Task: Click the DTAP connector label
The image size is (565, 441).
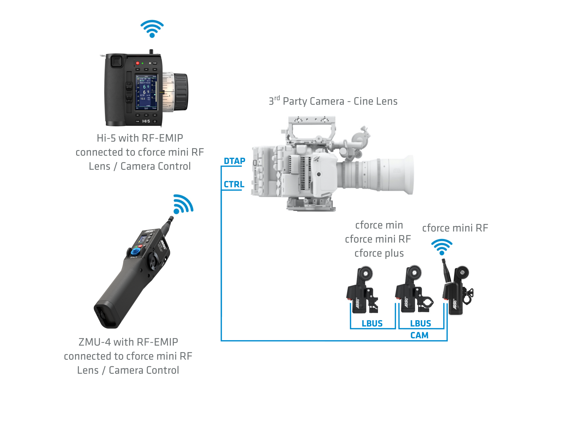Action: coord(234,161)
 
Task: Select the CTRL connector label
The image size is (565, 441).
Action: coord(234,185)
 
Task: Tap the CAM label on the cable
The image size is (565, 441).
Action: coord(419,335)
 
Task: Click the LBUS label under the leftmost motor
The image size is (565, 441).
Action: coord(372,324)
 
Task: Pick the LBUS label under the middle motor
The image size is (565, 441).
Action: coord(420,324)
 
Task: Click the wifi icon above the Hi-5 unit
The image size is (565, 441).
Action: coord(152,29)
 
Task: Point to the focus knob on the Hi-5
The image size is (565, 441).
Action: coord(181,92)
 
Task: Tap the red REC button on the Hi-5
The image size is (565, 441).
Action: coord(137,63)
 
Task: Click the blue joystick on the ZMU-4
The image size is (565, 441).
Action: coord(136,252)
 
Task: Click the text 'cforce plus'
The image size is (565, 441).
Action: coord(379,253)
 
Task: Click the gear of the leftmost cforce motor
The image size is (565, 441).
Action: coord(365,273)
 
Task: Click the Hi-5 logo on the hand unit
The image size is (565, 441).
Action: coord(146,121)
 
